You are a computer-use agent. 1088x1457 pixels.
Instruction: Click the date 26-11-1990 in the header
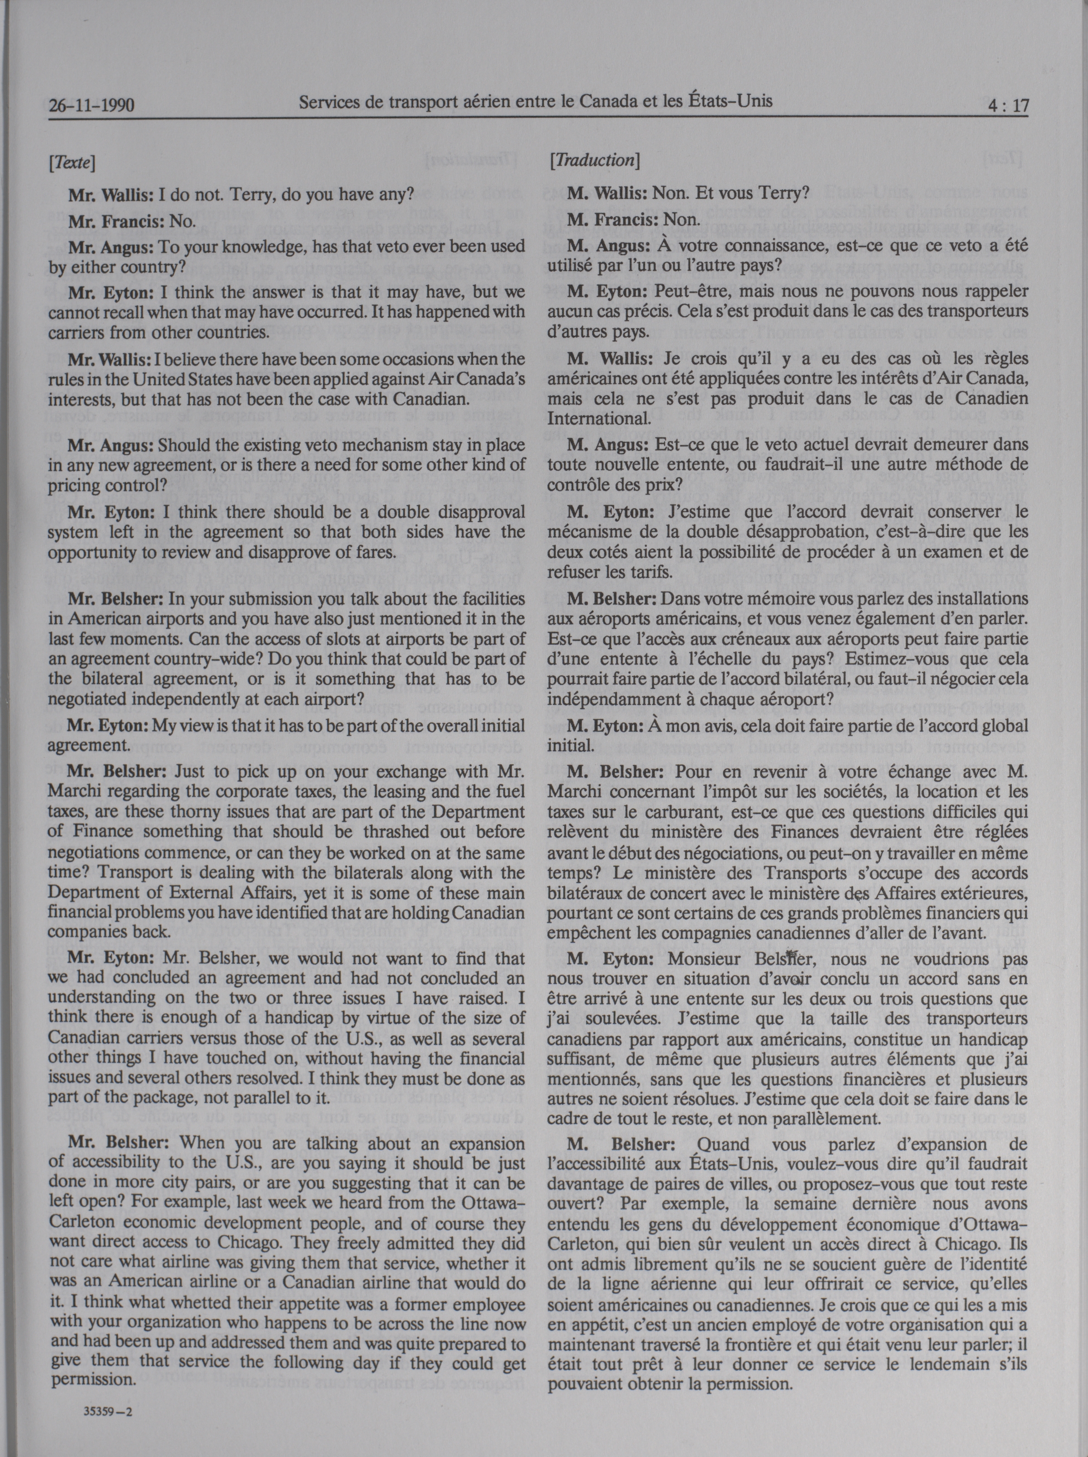pos(93,106)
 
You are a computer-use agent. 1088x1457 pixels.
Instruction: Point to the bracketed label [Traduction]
pos(594,160)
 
